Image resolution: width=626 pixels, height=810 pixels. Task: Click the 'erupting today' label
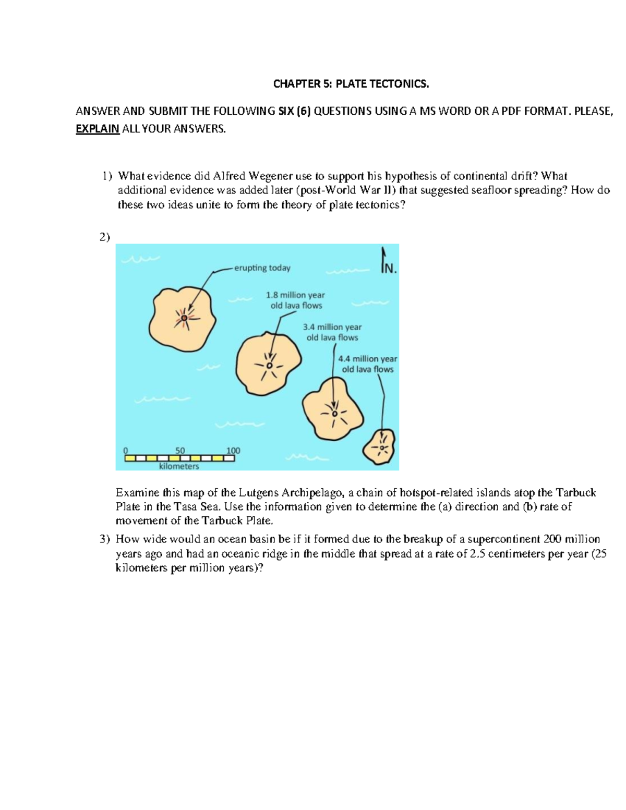(262, 268)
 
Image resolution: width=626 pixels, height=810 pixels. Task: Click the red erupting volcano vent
(184, 317)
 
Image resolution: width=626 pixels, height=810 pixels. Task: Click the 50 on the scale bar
(180, 451)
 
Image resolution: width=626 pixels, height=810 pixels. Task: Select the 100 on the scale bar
(233, 451)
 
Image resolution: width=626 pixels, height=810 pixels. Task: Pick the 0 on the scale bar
(125, 451)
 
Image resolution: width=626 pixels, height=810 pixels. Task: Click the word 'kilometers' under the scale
(179, 466)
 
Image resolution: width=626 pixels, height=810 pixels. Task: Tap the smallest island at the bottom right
(379, 448)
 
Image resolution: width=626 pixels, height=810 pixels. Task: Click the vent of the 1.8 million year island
(269, 366)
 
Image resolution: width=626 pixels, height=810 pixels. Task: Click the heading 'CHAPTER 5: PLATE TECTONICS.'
(351, 84)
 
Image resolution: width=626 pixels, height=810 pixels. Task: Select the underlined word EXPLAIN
(98, 129)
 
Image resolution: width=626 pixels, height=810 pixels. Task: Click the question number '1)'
(106, 176)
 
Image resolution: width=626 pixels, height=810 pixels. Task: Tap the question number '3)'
(105, 539)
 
